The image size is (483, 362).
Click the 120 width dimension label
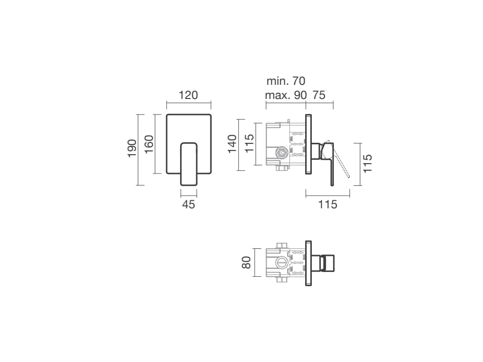click(188, 95)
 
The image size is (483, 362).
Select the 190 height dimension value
click(132, 148)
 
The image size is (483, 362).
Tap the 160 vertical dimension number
click(149, 144)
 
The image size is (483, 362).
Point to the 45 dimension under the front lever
click(189, 204)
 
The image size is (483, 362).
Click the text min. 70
click(286, 81)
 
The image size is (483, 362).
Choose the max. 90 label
click(286, 95)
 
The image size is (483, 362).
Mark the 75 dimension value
click(319, 95)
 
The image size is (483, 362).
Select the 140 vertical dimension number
click(232, 144)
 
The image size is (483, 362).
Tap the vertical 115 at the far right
click(367, 164)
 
